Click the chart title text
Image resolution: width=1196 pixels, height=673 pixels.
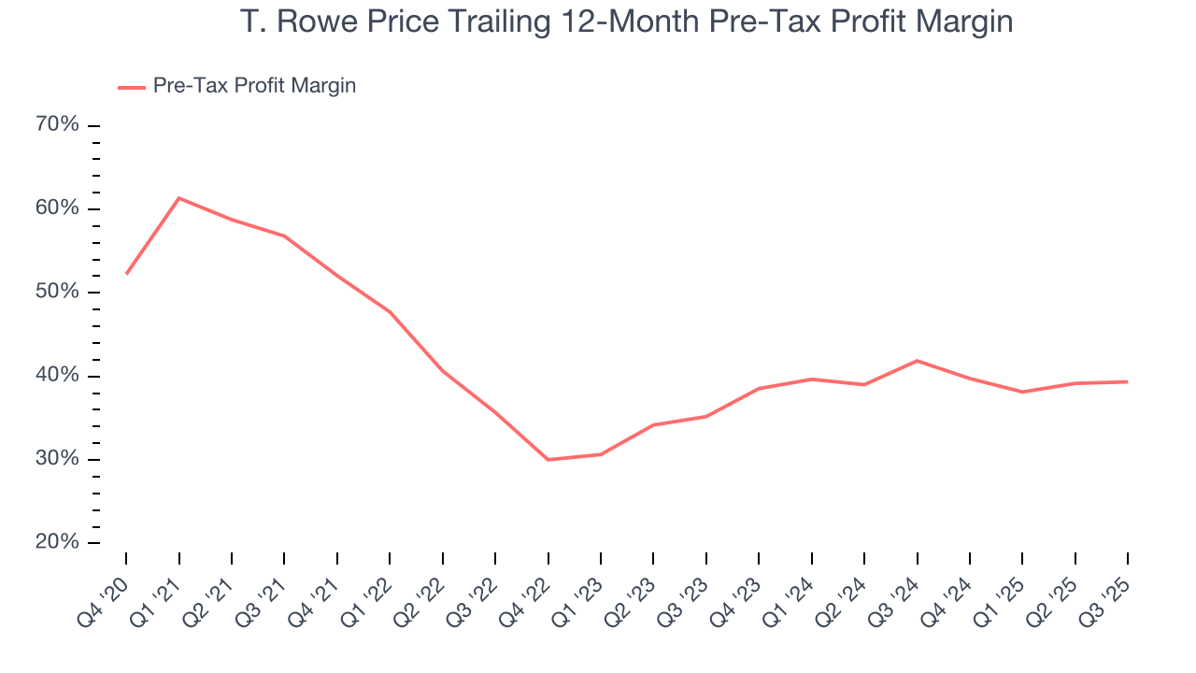click(x=626, y=21)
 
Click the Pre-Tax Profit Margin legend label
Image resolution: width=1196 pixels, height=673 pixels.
click(x=254, y=86)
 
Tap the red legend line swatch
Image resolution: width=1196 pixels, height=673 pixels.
click(x=131, y=87)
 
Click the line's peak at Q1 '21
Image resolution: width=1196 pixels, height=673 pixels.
click(x=178, y=198)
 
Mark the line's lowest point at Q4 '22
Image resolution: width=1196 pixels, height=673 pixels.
click(x=548, y=460)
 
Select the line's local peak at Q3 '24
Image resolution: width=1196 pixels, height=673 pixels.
click(x=917, y=361)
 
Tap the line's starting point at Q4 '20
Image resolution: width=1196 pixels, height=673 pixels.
click(x=126, y=274)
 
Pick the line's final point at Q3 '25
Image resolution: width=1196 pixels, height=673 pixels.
click(x=1127, y=381)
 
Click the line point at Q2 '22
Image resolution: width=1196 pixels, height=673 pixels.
click(x=442, y=371)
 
